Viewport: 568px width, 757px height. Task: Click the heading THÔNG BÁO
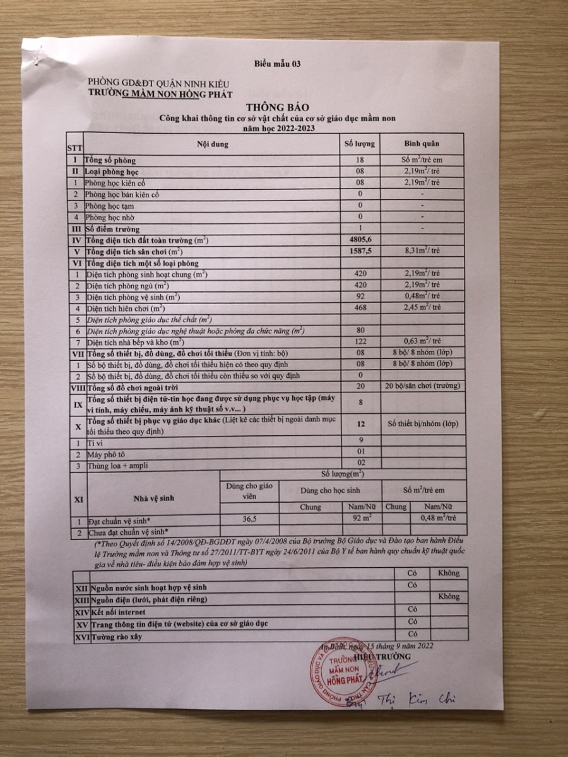[x=273, y=108]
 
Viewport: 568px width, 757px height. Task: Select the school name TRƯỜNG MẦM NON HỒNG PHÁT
[x=160, y=94]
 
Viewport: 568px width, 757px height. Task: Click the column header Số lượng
[x=360, y=144]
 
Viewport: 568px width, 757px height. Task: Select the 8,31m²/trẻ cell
[x=422, y=252]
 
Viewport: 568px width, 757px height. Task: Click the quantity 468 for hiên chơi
[x=360, y=308]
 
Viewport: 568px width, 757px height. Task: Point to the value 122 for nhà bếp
[x=360, y=342]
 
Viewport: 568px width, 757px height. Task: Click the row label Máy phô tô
[x=107, y=454]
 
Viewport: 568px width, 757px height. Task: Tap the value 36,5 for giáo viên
[x=249, y=519]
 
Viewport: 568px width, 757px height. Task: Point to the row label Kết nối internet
[x=118, y=612]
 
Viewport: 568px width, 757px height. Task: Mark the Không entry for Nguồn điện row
[x=449, y=597]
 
